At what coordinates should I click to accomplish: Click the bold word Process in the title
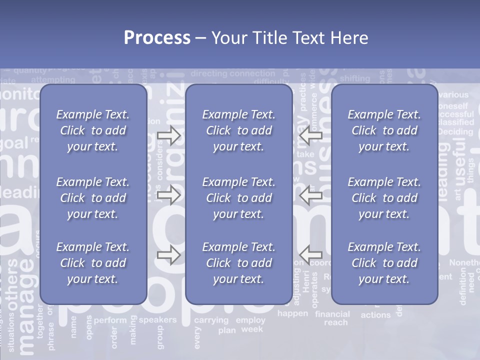[157, 38]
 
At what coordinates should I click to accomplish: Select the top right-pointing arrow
[168, 135]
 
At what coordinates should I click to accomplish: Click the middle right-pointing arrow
[168, 195]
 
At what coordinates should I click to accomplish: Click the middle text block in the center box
[238, 198]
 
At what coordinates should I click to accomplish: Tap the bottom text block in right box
[384, 263]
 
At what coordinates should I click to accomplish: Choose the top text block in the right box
[384, 130]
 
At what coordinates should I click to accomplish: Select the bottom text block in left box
[93, 263]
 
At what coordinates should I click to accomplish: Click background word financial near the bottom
[332, 314]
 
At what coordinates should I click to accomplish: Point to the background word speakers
[157, 320]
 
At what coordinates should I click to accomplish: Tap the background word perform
[110, 320]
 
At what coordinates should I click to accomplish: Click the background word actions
[375, 315]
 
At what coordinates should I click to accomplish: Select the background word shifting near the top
[354, 78]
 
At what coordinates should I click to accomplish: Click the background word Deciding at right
[455, 132]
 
